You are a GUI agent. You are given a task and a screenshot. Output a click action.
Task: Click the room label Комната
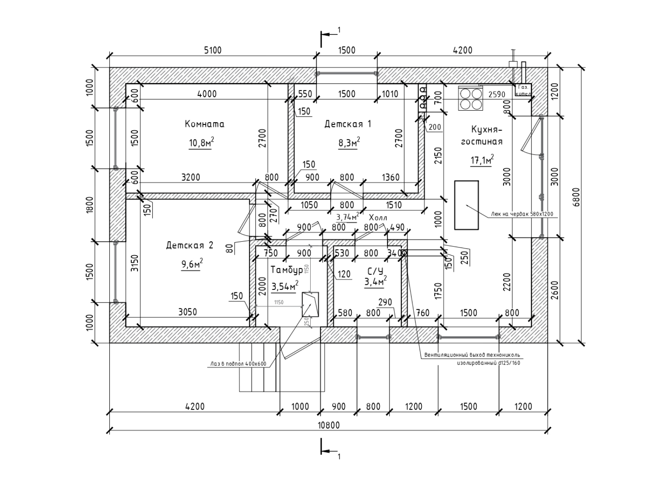[x=205, y=124]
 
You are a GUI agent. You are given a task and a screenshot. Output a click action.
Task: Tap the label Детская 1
[x=348, y=124]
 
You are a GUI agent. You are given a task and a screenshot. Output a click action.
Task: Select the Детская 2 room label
[x=190, y=245]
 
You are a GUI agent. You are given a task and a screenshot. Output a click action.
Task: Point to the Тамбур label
[x=286, y=269]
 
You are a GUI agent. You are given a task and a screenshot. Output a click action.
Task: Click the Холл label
[x=378, y=218]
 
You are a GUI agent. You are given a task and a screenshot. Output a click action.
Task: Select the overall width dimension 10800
[x=328, y=425]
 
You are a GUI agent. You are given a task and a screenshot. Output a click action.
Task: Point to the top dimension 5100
[x=212, y=50]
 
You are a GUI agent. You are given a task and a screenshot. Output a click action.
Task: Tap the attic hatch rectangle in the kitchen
[x=466, y=205]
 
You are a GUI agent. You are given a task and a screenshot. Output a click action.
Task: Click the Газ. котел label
[x=523, y=90]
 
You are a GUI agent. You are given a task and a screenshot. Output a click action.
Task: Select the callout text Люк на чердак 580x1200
[x=522, y=214]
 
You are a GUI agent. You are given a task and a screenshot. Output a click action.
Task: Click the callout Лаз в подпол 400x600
[x=237, y=364]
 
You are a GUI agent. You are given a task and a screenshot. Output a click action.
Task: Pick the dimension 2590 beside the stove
[x=497, y=94]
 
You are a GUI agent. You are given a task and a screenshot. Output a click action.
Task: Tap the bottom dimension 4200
[x=195, y=406]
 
